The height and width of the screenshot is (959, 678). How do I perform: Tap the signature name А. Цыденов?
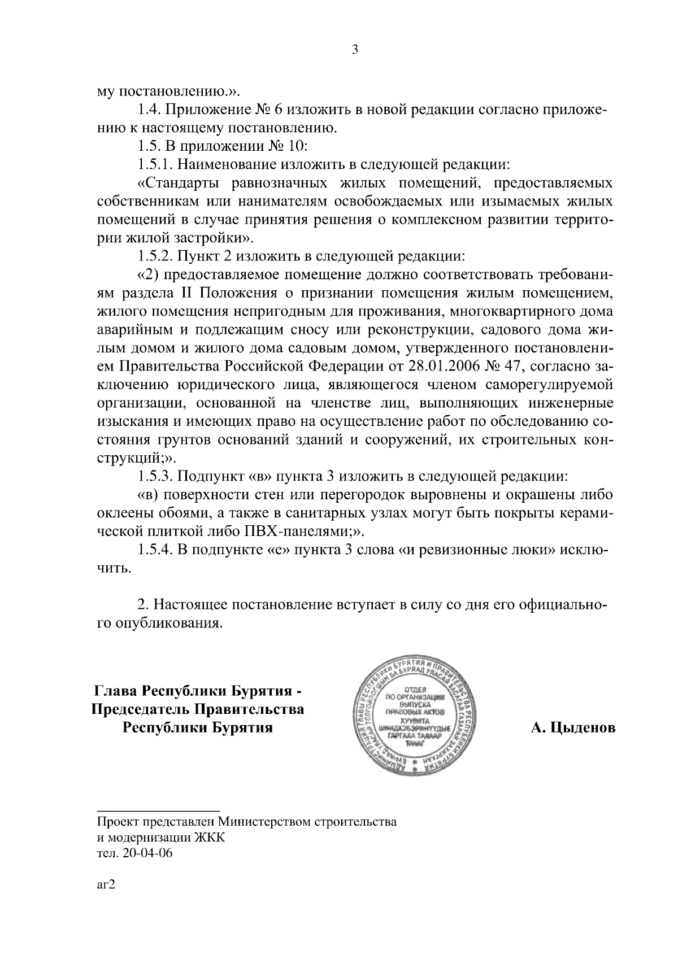coord(572,728)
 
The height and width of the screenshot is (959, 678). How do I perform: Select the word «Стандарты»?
coord(181,184)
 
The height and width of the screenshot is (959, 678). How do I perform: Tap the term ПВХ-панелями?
coord(294,531)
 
